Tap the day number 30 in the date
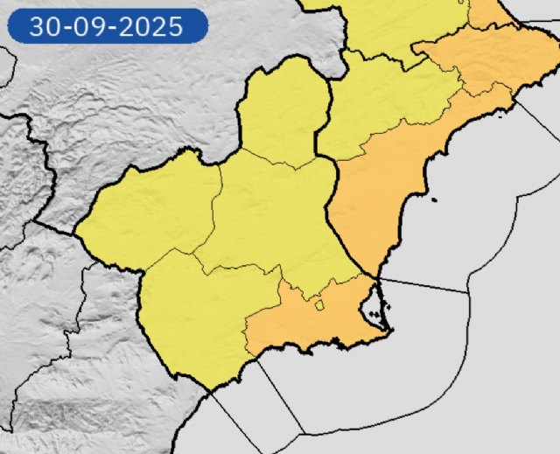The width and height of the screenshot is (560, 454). pos(44,26)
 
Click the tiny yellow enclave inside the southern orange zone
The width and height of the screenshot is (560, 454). pos(318,305)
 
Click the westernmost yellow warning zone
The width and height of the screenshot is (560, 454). pos(149,214)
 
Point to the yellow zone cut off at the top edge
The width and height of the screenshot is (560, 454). pos(394,26)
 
